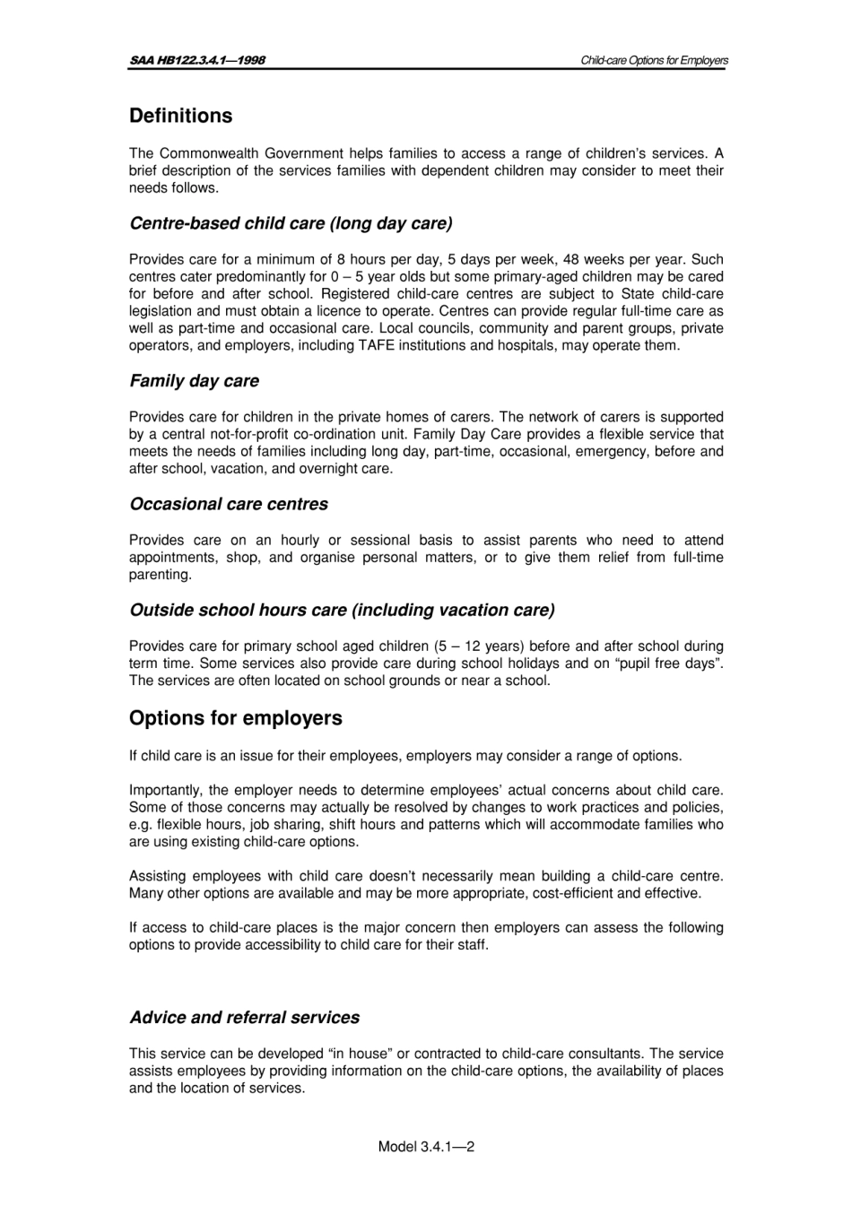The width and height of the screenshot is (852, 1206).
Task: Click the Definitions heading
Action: pos(180,117)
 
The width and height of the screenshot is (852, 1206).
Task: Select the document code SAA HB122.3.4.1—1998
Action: pos(197,60)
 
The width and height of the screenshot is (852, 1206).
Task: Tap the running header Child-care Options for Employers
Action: pos(654,60)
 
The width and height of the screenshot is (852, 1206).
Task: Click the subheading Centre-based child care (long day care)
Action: pos(291,223)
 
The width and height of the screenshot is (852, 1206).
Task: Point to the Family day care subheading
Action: pos(194,381)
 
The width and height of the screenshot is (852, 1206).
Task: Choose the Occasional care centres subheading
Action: pos(229,504)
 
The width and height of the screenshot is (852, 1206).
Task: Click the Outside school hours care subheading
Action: pos(342,611)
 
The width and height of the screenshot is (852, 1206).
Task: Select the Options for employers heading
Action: pos(236,719)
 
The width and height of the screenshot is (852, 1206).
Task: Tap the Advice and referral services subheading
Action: pos(244,1018)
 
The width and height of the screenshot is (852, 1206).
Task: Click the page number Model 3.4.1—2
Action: pos(426,1146)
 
